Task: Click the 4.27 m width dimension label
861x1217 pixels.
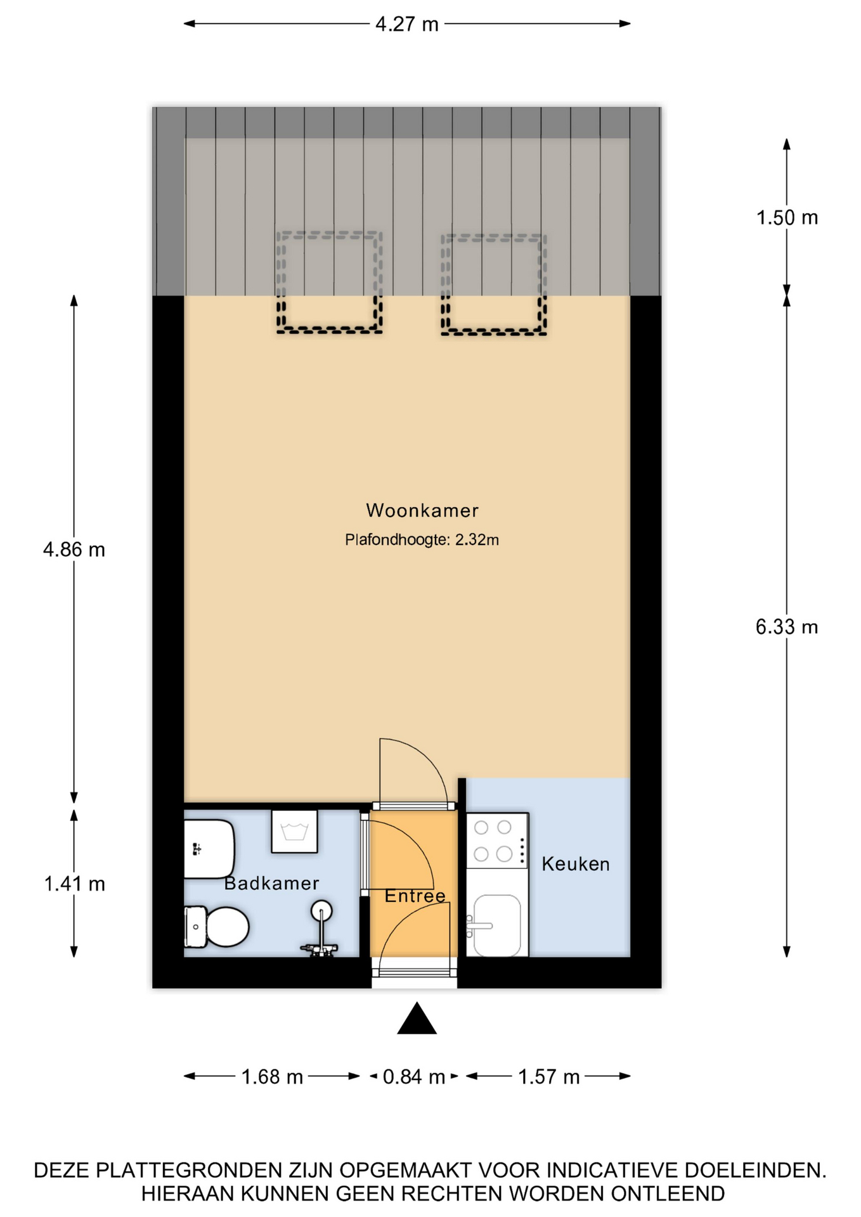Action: (x=407, y=24)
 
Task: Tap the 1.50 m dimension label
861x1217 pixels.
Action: (x=787, y=217)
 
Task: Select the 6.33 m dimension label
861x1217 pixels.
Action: (x=787, y=627)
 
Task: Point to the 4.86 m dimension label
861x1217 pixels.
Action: (x=74, y=549)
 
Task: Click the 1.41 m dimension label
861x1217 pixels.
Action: (x=74, y=884)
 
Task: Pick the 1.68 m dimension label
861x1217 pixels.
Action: (x=272, y=1077)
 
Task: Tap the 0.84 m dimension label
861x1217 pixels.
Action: (x=414, y=1077)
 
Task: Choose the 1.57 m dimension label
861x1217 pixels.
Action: (x=549, y=1077)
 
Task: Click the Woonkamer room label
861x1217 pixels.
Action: (x=422, y=510)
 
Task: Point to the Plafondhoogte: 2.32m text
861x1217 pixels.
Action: (x=422, y=540)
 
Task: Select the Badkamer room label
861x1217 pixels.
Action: (x=271, y=883)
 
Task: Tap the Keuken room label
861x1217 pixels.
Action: (x=576, y=864)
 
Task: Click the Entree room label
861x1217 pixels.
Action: (x=415, y=896)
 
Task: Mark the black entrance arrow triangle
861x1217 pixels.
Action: (x=417, y=1019)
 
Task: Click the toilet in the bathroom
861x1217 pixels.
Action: (x=216, y=927)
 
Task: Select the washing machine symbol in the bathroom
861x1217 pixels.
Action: (x=294, y=831)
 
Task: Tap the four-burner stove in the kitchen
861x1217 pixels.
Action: (x=497, y=840)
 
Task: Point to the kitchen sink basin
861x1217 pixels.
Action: (x=498, y=925)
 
